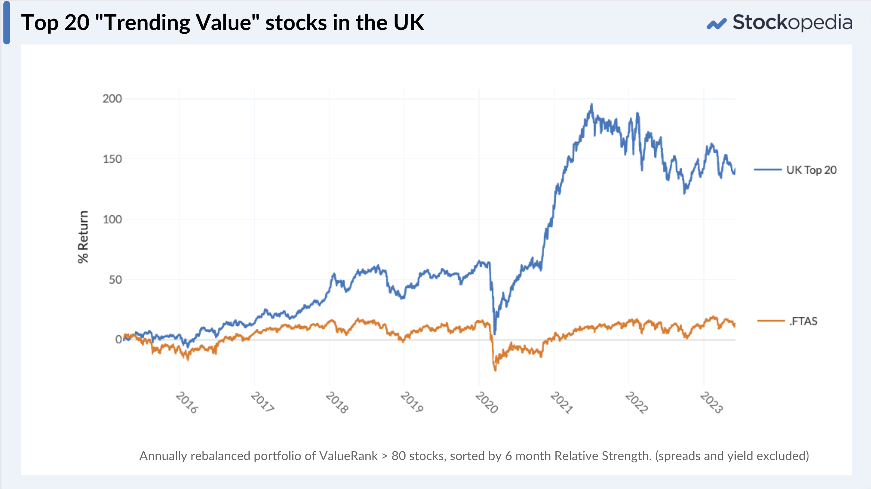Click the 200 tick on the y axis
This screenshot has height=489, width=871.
point(112,99)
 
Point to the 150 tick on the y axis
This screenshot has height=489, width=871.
point(112,159)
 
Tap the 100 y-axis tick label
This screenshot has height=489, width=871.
point(112,219)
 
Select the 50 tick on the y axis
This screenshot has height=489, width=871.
point(115,280)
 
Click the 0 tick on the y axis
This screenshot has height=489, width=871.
point(118,339)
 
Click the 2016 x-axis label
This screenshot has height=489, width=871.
point(187,402)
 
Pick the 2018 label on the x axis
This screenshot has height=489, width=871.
point(337,402)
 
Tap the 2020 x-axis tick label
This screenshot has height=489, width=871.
point(486,402)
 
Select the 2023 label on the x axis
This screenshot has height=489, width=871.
point(711,402)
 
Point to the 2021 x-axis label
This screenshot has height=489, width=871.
point(561,402)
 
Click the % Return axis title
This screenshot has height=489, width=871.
point(83,237)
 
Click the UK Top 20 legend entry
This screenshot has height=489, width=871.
point(811,170)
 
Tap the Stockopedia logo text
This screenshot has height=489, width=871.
point(792,22)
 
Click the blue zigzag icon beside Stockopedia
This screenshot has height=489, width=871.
point(716,24)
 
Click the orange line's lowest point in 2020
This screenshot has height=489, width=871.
point(495,370)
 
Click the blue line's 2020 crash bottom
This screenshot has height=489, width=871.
point(495,333)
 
